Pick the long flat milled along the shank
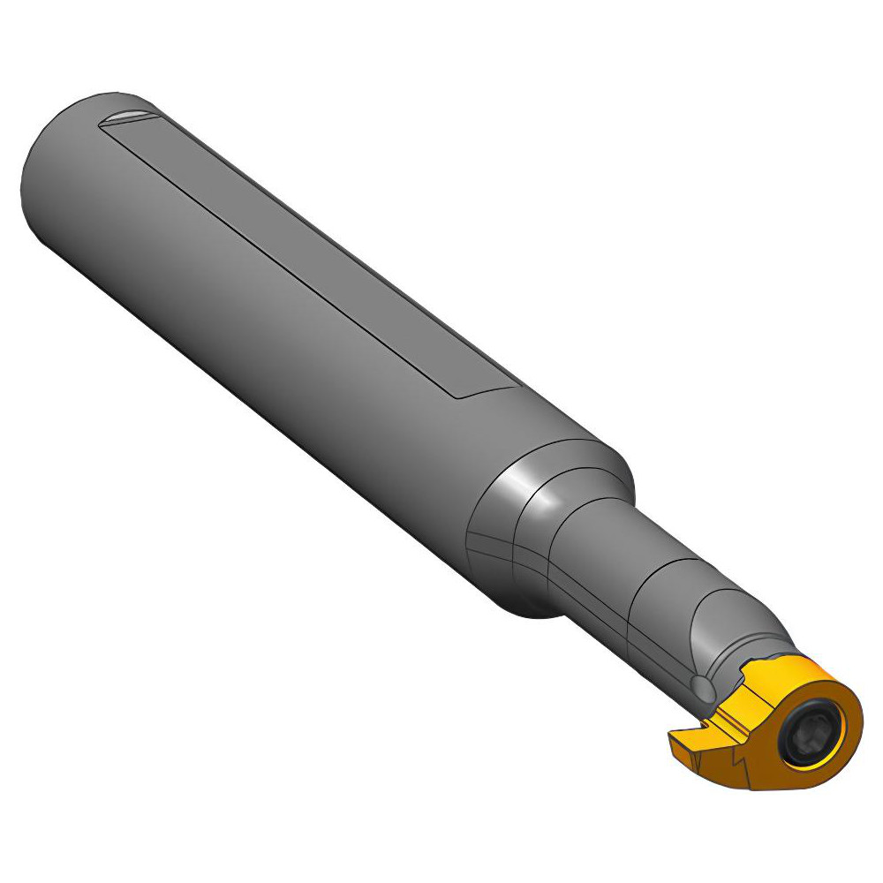pyautogui.click(x=309, y=256)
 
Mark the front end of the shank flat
pyautogui.click(x=481, y=389)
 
